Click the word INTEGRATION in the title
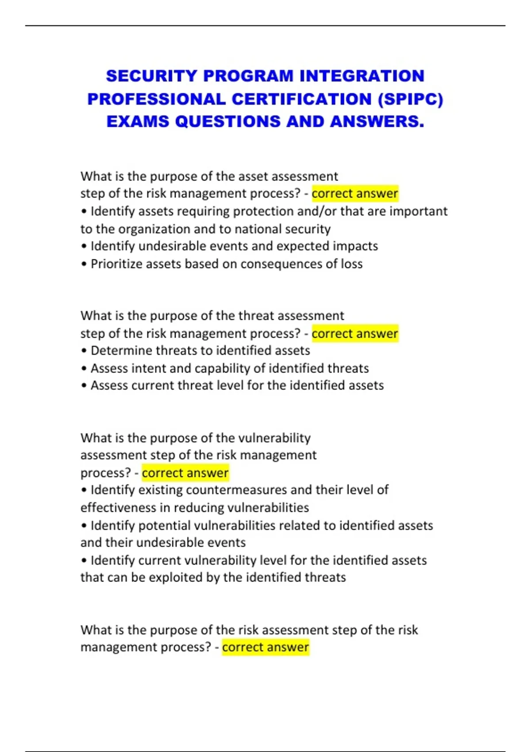[362, 76]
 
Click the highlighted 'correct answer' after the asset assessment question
[355, 194]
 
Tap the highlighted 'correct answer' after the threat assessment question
[355, 334]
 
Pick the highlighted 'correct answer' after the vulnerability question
[185, 473]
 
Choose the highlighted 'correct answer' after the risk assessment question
[265, 647]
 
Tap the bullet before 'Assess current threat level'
[84, 386]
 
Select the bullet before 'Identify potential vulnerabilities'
[84, 526]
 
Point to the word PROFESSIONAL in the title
[156, 99]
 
